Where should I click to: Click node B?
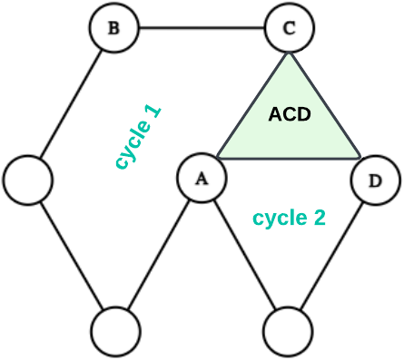click(114, 27)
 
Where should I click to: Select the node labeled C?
click(289, 27)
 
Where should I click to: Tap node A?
click(201, 179)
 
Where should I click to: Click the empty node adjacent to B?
click(29, 179)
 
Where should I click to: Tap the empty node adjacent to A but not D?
click(115, 330)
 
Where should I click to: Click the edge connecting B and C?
click(202, 27)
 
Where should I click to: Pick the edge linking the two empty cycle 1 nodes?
click(72, 254)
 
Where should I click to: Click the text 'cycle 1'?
click(139, 138)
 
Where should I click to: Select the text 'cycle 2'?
click(289, 219)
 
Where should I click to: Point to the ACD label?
click(290, 114)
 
